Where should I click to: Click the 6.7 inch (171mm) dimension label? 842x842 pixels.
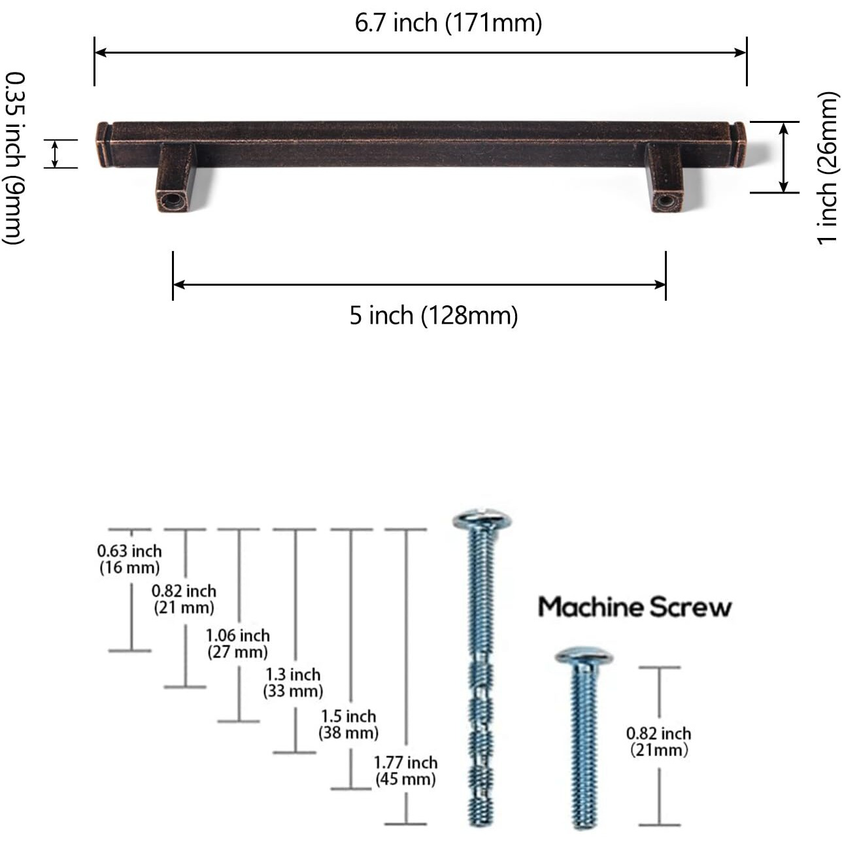click(448, 24)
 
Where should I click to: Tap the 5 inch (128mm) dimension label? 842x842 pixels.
click(433, 316)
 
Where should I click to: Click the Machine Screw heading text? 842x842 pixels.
click(634, 607)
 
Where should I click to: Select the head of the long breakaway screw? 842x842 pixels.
click(482, 520)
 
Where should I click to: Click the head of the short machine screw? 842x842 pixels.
click(584, 657)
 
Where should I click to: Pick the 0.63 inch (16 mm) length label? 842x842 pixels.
click(129, 560)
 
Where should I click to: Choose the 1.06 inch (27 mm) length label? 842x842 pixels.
click(238, 644)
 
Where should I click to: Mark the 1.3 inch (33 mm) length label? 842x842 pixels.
click(293, 683)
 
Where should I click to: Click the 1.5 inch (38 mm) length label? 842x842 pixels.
click(348, 725)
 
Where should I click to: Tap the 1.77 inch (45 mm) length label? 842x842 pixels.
click(405, 771)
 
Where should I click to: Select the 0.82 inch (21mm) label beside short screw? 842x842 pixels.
click(658, 742)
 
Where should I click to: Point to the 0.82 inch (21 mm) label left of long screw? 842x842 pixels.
click(184, 599)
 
